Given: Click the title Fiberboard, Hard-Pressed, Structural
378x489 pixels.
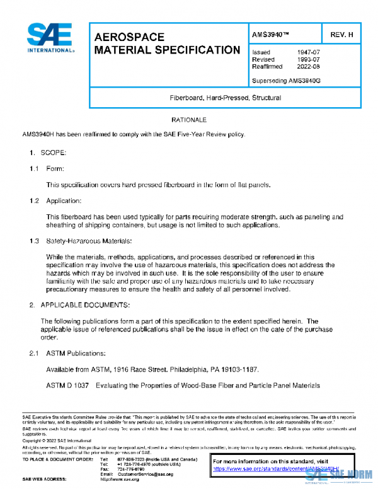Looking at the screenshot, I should [x=225, y=98].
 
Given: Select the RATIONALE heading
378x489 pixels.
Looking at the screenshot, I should [x=189, y=120].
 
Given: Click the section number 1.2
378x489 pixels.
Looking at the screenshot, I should [x=34, y=200].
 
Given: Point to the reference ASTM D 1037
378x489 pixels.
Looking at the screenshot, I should [x=68, y=385].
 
